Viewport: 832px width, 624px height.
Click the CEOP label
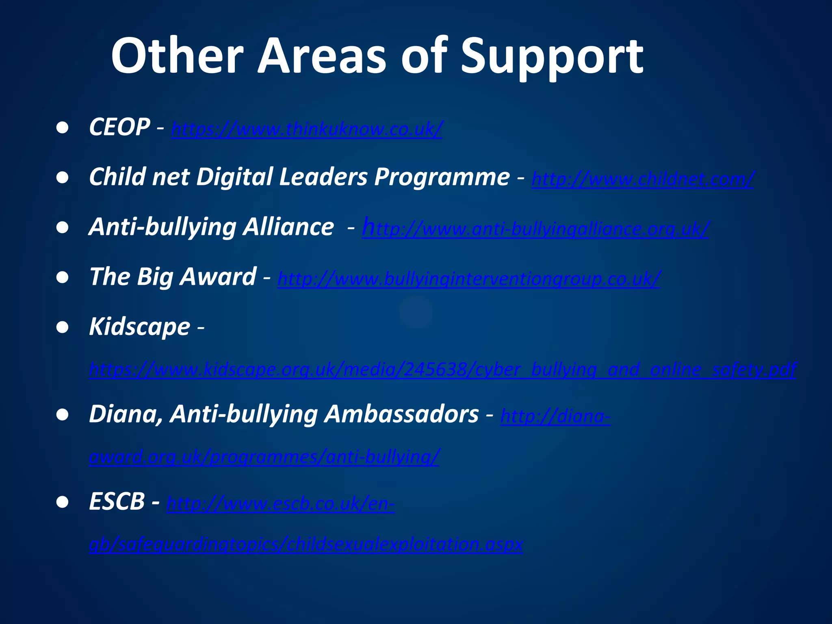(119, 127)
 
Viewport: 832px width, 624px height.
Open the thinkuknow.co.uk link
(307, 130)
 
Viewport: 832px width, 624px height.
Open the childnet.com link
(643, 179)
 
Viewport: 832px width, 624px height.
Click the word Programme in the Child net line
(442, 177)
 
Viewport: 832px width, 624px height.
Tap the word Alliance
(288, 227)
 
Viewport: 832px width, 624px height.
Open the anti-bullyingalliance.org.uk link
(535, 229)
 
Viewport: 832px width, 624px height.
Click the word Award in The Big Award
(218, 277)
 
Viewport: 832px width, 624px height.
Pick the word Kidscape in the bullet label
(139, 327)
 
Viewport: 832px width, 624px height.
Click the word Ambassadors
(401, 414)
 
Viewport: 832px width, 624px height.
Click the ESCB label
(117, 502)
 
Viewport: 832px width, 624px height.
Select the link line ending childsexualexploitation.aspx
(306, 544)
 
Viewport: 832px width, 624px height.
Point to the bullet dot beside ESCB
(63, 503)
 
